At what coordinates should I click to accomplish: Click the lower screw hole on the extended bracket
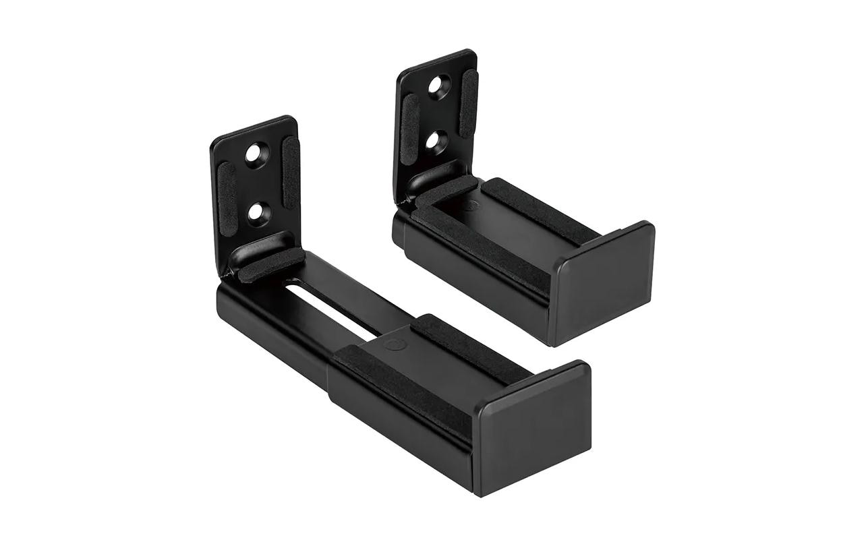(x=256, y=212)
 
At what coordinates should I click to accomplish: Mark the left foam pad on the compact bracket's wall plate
(x=409, y=124)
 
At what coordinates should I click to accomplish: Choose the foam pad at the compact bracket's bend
(x=446, y=191)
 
